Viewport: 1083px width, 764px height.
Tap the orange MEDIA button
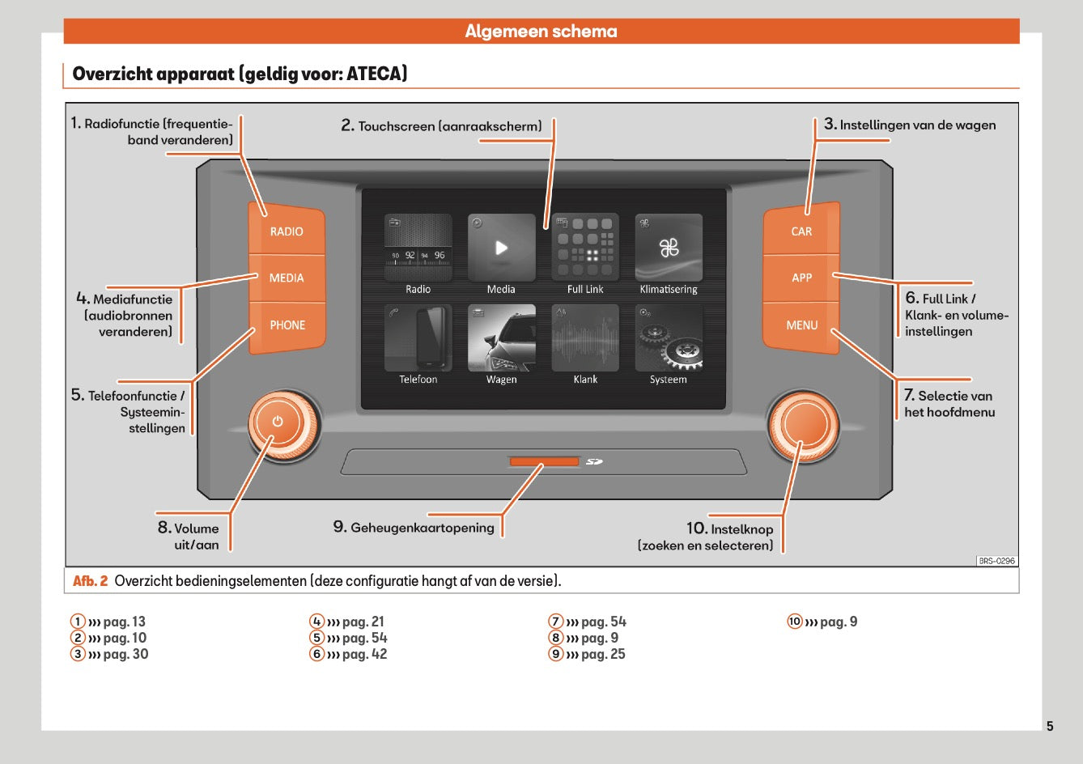[287, 278]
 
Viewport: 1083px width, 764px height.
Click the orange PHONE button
[287, 325]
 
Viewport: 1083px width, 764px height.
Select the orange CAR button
[801, 231]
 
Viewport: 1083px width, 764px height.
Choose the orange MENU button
[801, 325]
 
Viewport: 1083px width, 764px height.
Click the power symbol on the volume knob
[278, 422]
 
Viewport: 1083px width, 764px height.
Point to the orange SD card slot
[544, 461]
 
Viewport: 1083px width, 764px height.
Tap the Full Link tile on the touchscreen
[585, 248]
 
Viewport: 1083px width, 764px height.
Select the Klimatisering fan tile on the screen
[669, 248]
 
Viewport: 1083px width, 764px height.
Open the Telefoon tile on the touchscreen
[418, 337]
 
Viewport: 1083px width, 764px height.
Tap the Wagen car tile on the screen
[501, 337]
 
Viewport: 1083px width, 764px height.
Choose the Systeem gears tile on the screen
[669, 337]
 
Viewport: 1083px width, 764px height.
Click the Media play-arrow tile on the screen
[501, 248]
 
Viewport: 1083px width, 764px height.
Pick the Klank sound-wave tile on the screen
[585, 337]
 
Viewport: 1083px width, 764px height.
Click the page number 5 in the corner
[1050, 726]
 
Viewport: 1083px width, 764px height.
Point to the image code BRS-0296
[996, 561]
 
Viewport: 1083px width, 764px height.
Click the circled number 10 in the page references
[795, 622]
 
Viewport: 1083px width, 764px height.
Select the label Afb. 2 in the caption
[90, 581]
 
